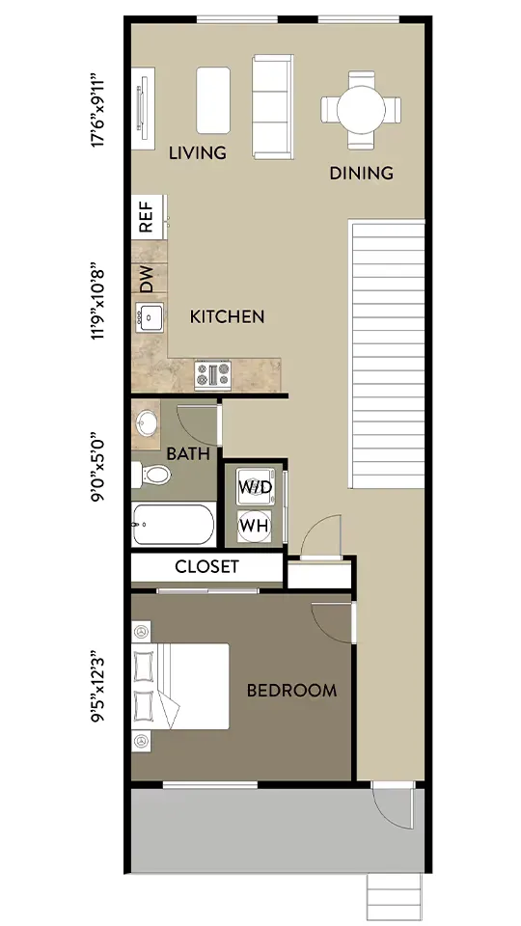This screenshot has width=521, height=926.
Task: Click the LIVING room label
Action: pyautogui.click(x=197, y=153)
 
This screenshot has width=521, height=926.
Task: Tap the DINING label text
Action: pyautogui.click(x=361, y=173)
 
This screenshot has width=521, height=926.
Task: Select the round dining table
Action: pyautogui.click(x=361, y=110)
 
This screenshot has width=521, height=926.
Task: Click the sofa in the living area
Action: pyautogui.click(x=272, y=107)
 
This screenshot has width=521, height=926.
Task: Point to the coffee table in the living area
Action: pyautogui.click(x=212, y=99)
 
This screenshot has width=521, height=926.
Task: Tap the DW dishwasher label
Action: pyautogui.click(x=146, y=279)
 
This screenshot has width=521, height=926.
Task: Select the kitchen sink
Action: pyautogui.click(x=149, y=317)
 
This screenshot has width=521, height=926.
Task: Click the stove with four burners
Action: pyautogui.click(x=212, y=375)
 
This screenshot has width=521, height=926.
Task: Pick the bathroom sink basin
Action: pyautogui.click(x=147, y=422)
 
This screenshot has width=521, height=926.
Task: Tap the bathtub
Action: pyautogui.click(x=173, y=525)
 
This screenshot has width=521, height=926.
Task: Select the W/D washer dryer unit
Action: pyautogui.click(x=256, y=486)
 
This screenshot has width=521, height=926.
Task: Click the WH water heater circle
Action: pyautogui.click(x=255, y=526)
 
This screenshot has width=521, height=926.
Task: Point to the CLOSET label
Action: pyautogui.click(x=206, y=567)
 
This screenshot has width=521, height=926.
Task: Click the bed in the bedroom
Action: pyautogui.click(x=180, y=686)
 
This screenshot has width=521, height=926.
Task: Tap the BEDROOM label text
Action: pyautogui.click(x=291, y=691)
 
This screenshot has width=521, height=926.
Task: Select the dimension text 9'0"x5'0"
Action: pyautogui.click(x=97, y=470)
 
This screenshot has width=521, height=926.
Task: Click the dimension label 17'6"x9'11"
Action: pyautogui.click(x=97, y=110)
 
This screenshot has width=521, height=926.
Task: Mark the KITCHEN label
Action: pyautogui.click(x=227, y=316)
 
